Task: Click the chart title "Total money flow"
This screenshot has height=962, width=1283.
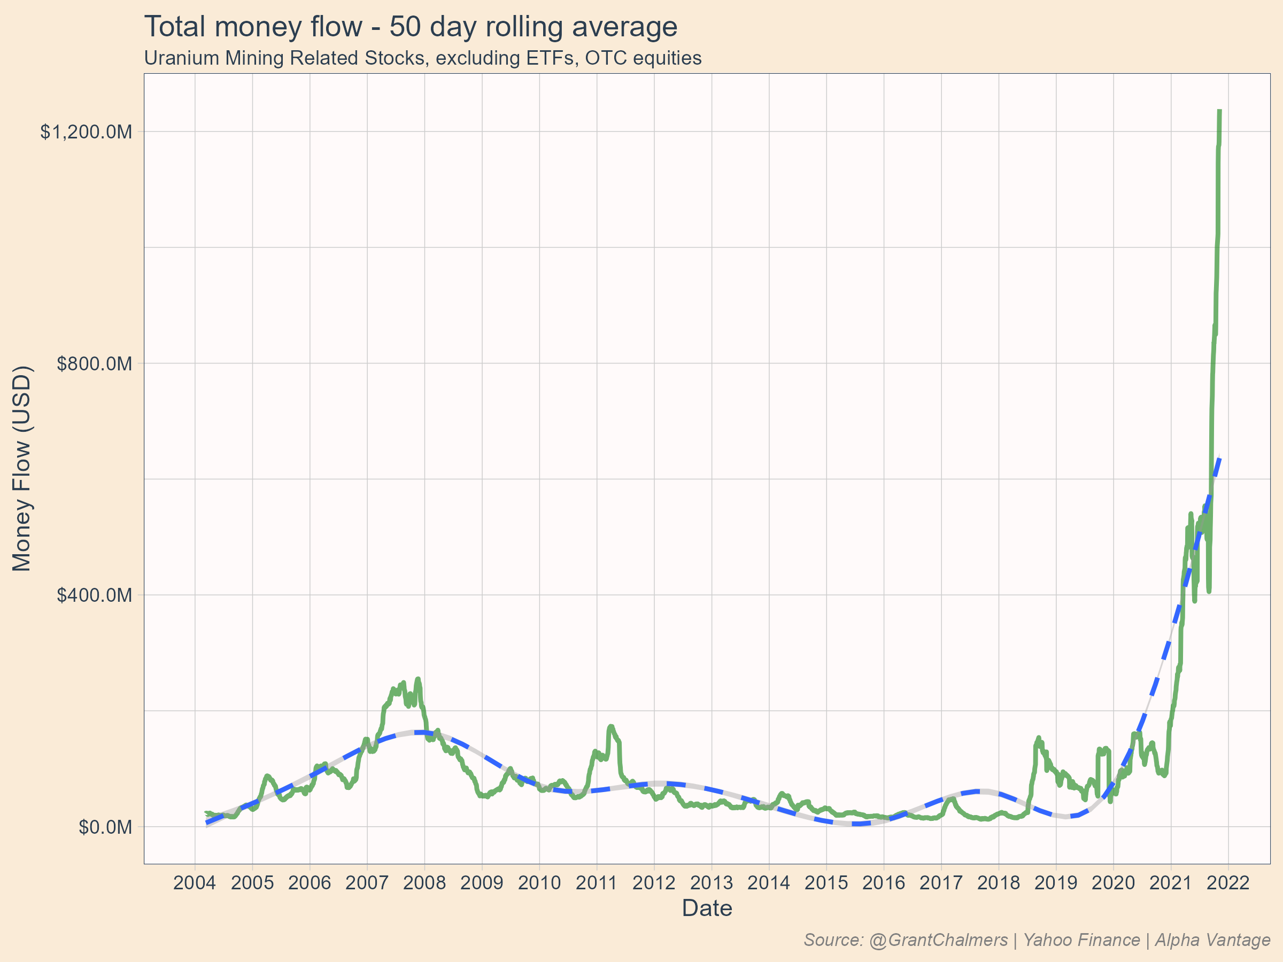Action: click(410, 27)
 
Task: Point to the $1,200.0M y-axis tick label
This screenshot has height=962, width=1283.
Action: click(86, 132)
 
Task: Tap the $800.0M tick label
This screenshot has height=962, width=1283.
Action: click(94, 363)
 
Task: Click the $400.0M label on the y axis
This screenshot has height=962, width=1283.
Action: click(94, 595)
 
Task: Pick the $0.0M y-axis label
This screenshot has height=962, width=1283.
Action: click(105, 827)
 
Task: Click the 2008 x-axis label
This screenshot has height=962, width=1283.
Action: click(424, 882)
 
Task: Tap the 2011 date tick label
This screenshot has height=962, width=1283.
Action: click(596, 882)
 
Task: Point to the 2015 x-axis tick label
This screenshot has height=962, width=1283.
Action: click(826, 882)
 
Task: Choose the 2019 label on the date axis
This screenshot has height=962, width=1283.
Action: click(1056, 882)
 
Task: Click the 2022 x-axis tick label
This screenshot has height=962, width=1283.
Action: click(1228, 882)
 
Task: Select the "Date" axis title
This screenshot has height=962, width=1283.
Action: click(707, 908)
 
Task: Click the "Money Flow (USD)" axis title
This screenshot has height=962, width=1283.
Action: click(22, 468)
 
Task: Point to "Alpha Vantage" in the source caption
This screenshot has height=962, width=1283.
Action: click(1212, 940)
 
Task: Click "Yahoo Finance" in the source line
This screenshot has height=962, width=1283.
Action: click(1081, 940)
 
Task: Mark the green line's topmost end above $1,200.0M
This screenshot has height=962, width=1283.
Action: click(1220, 111)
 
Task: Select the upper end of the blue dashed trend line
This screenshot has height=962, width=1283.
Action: click(1220, 459)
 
